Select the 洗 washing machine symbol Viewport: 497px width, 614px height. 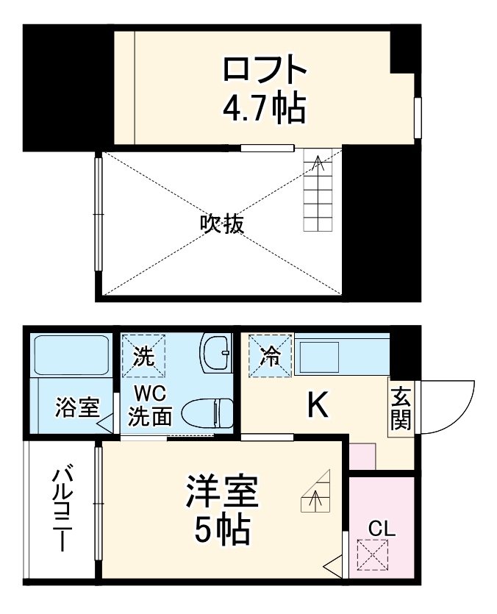[x=144, y=357]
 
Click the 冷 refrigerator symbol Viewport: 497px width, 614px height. [x=269, y=356]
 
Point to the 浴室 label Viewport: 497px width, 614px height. [x=76, y=407]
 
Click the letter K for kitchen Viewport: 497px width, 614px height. [x=318, y=405]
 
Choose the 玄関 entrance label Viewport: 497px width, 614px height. [x=401, y=410]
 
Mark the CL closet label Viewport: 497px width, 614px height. [x=382, y=528]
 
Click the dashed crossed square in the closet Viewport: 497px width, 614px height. [x=371, y=554]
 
